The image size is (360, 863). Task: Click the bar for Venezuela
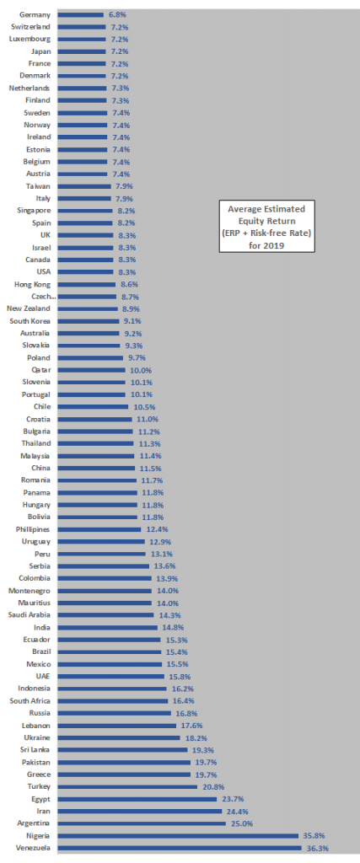coord(180,848)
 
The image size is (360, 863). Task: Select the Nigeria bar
coord(178,835)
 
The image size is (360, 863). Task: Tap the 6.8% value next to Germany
coord(116,15)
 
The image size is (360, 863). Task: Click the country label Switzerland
coord(30,26)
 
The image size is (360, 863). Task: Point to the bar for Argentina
coord(142,823)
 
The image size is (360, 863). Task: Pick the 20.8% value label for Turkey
coord(213,786)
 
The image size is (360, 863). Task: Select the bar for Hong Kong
coord(87,285)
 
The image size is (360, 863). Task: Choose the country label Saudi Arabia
coord(30,614)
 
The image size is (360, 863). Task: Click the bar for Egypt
coord(137,799)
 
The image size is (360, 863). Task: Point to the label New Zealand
coord(29,308)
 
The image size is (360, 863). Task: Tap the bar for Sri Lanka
coord(122,749)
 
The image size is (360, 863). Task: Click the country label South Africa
coord(30,700)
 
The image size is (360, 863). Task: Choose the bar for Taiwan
coord(84,186)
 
